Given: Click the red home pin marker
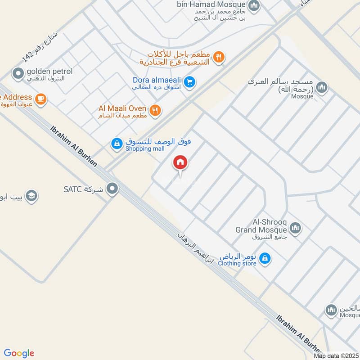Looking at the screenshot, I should click(x=180, y=162).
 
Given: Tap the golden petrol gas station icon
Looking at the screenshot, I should click(x=18, y=73).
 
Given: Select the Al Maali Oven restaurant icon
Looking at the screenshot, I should click(x=155, y=110).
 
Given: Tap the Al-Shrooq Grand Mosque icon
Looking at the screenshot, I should click(x=295, y=229).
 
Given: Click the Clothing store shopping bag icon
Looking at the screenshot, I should click(x=265, y=258).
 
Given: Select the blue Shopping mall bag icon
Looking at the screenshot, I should click(x=117, y=144).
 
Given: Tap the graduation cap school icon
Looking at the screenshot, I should click(x=31, y=196).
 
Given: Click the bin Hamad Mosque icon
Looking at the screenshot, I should click(x=254, y=6).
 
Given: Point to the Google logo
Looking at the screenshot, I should click(x=19, y=353).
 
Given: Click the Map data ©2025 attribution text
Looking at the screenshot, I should click(x=336, y=355).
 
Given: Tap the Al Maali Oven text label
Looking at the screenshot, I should click(x=123, y=108).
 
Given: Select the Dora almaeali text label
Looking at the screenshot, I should click(x=157, y=80).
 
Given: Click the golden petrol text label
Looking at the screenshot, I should click(x=45, y=72).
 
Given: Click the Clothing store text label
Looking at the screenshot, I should click(x=237, y=263).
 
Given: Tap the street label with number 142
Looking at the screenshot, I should click(x=40, y=47).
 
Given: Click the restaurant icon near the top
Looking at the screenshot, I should click(x=219, y=57).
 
